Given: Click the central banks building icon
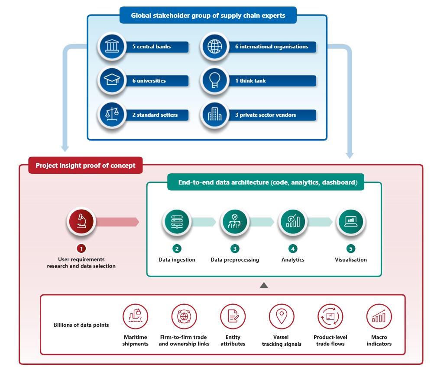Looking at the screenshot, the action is pyautogui.click(x=112, y=46).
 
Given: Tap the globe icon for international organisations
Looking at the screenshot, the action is pyautogui.click(x=215, y=46).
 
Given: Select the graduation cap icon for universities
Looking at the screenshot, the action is pyautogui.click(x=112, y=80).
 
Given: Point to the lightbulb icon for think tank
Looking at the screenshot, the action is pyautogui.click(x=215, y=80).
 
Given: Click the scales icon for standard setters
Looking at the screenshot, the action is pyautogui.click(x=112, y=115).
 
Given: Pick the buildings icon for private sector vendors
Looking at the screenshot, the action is pyautogui.click(x=215, y=115).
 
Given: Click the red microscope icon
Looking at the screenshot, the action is pyautogui.click(x=81, y=221).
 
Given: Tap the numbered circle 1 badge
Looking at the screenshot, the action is pyautogui.click(x=81, y=249).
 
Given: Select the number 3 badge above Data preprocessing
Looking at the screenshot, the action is pyautogui.click(x=235, y=249).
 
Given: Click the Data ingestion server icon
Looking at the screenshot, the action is pyautogui.click(x=177, y=221).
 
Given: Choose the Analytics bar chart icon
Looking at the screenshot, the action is pyautogui.click(x=293, y=221).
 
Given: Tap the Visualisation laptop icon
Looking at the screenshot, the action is pyautogui.click(x=351, y=221).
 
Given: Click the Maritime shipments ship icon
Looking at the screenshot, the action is pyautogui.click(x=135, y=316).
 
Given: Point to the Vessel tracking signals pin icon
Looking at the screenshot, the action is pyautogui.click(x=282, y=316).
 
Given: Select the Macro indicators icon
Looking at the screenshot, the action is pyautogui.click(x=379, y=316).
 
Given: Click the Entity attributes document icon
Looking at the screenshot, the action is pyautogui.click(x=233, y=316).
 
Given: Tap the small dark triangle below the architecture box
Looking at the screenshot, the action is pyautogui.click(x=264, y=286).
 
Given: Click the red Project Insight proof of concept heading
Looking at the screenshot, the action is pyautogui.click(x=85, y=166).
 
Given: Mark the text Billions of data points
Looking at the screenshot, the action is pyautogui.click(x=81, y=325).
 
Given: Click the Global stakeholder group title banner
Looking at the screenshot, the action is pyautogui.click(x=208, y=16).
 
